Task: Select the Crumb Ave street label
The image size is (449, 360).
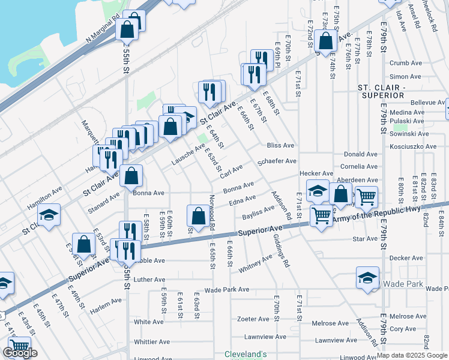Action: coord(406,63)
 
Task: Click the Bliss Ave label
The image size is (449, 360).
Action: coord(281,145)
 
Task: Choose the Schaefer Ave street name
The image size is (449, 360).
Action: coord(277,161)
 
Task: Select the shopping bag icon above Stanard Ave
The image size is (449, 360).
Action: coord(131,176)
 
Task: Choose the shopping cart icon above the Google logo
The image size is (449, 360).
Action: coord(19,346)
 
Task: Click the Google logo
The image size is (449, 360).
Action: coord(20,353)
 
